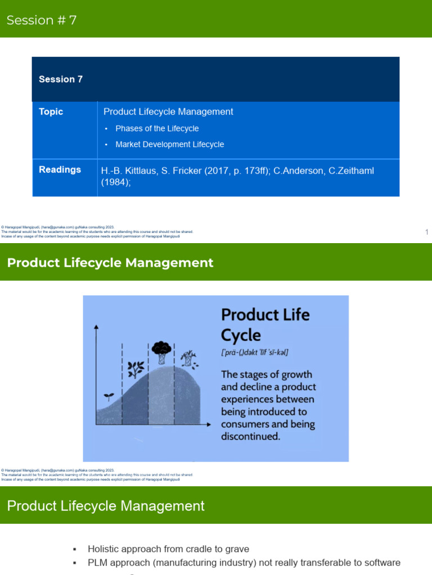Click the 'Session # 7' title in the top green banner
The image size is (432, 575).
tap(42, 20)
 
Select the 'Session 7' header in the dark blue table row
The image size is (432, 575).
tap(61, 79)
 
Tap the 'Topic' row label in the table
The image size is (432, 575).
tap(51, 112)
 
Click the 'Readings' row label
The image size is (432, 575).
tap(60, 170)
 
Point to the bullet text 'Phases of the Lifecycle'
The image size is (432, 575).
tap(157, 129)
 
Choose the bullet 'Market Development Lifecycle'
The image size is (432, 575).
tap(169, 144)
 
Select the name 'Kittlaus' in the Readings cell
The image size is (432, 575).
tap(141, 170)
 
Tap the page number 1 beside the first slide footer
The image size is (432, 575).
tap(427, 232)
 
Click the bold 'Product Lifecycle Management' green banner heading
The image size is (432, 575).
tap(110, 263)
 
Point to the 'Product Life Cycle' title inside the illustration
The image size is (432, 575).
tap(265, 325)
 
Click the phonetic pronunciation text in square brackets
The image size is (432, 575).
tap(255, 353)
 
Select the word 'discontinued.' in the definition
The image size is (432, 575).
tap(250, 436)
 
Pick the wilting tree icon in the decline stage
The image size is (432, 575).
tap(190, 358)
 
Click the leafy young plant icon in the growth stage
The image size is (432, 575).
tap(135, 369)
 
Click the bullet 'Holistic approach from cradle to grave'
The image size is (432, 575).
tap(168, 549)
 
